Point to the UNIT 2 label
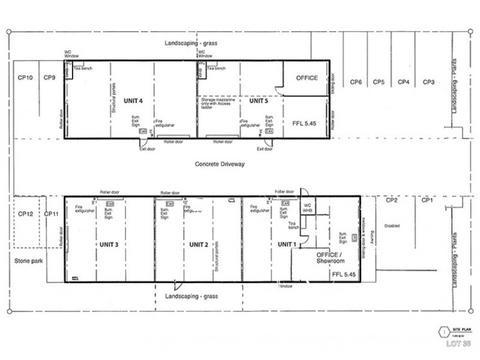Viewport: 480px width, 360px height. click(198, 244)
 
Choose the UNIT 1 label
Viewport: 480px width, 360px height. click(287, 244)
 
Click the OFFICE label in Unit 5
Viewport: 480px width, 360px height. click(307, 78)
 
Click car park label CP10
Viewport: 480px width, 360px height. click(25, 77)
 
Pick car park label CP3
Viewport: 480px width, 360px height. click(428, 82)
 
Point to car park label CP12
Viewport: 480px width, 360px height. click(25, 214)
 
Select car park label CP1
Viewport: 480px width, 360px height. click(427, 200)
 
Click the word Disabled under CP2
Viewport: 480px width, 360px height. click(393, 226)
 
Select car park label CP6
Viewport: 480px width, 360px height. click(356, 82)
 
